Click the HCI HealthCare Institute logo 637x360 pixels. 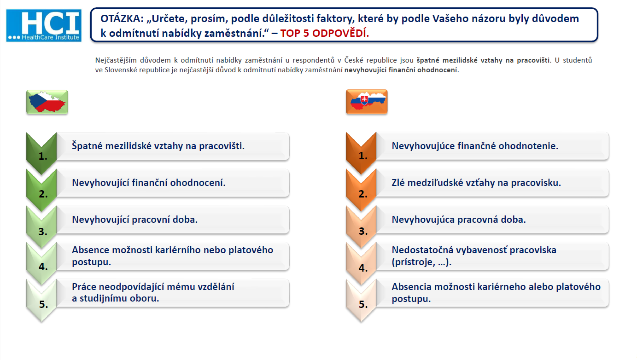(44, 26)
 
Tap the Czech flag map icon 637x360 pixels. (47, 102)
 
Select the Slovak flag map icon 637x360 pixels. (367, 102)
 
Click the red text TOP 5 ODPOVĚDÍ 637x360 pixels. (324, 33)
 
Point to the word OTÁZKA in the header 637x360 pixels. (122, 18)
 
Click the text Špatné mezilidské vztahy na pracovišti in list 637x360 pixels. (158, 146)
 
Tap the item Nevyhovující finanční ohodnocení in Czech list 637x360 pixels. (149, 183)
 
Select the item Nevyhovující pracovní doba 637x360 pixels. (135, 220)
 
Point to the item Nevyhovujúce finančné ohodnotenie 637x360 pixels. (475, 146)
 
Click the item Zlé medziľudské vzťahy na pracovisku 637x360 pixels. (476, 183)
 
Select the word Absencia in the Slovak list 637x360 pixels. (412, 287)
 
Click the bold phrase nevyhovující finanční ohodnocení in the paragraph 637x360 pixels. (402, 70)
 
